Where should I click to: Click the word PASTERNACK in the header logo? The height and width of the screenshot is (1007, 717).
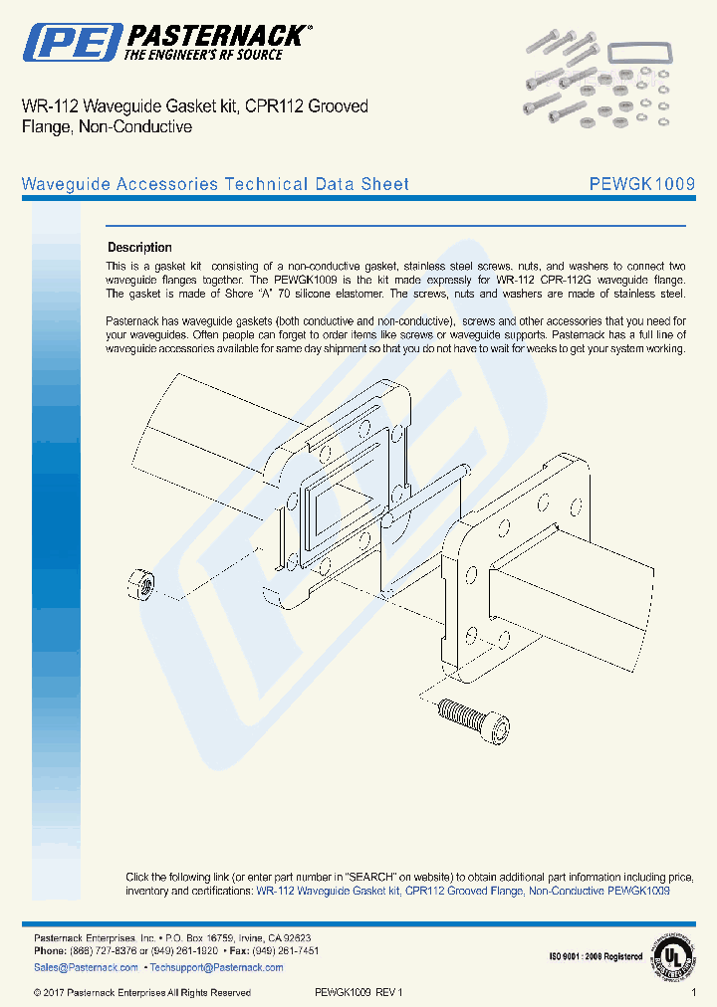tap(215, 36)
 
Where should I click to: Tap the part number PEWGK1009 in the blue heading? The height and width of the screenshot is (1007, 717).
tap(641, 184)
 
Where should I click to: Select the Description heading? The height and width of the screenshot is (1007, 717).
tap(139, 248)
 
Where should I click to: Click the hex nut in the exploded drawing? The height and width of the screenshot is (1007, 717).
tap(140, 582)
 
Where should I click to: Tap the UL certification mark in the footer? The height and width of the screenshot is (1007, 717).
tap(673, 956)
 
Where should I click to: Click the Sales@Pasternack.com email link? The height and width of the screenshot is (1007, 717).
tap(86, 967)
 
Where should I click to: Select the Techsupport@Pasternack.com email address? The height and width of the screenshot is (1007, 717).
tap(203, 967)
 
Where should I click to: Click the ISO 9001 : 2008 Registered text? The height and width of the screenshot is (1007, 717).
tap(595, 957)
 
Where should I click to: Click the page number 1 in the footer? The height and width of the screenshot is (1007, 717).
tap(693, 992)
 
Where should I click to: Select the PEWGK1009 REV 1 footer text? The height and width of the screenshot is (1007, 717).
tap(358, 992)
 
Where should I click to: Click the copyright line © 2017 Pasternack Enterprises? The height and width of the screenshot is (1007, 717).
tap(141, 992)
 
